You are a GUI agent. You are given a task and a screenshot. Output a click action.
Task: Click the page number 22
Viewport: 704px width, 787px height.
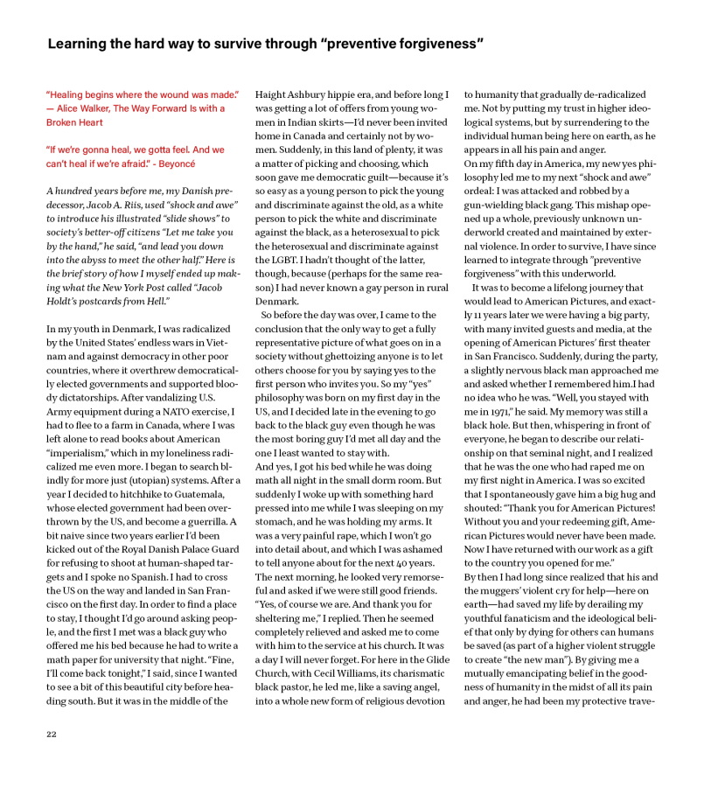point(52,735)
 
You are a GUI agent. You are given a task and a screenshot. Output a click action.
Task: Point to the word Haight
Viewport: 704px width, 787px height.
point(272,94)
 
